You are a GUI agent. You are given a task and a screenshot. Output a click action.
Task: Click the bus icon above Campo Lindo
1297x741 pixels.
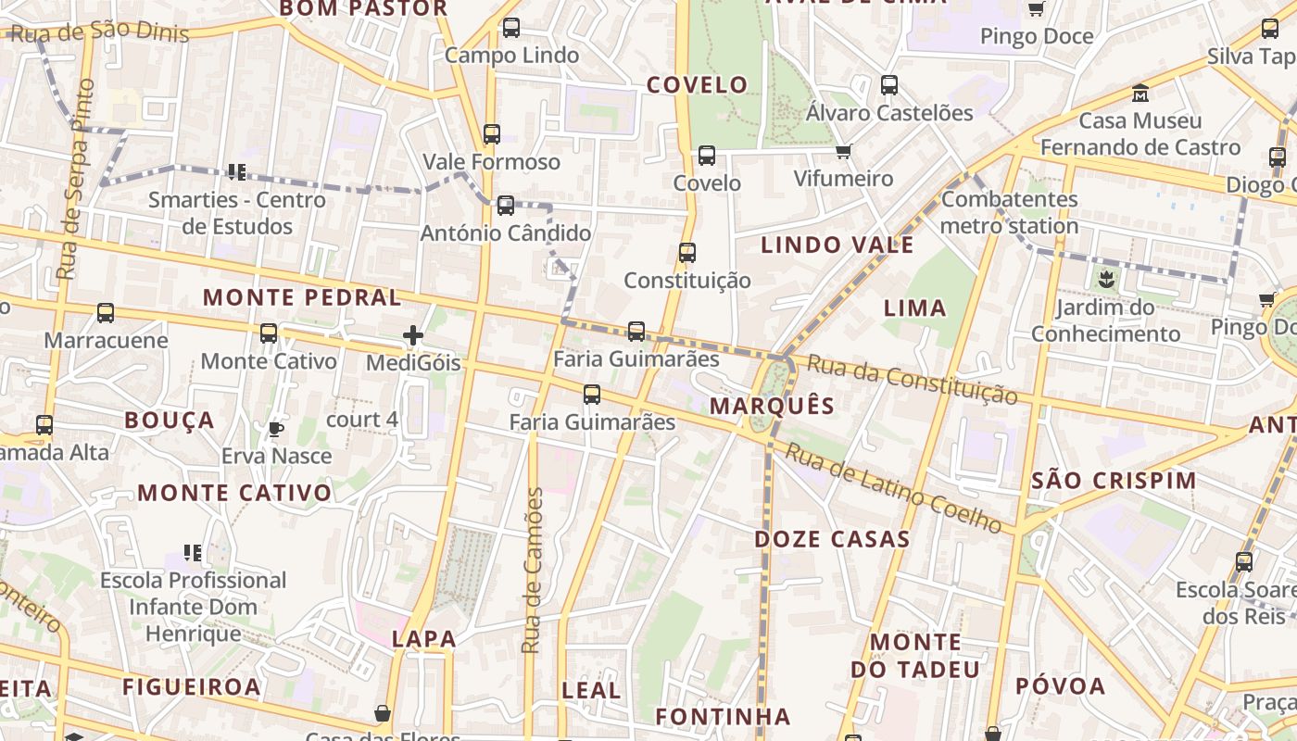(510, 28)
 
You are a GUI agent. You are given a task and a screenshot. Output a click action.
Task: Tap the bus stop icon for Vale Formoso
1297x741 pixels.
(492, 134)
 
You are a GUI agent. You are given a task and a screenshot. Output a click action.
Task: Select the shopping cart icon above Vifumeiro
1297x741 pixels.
(843, 151)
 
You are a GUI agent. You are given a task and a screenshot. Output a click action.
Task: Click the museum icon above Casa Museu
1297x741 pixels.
(1140, 94)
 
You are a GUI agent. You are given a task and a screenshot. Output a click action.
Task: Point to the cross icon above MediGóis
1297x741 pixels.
(413, 335)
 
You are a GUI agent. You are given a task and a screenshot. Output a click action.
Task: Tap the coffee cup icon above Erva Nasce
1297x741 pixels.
(275, 428)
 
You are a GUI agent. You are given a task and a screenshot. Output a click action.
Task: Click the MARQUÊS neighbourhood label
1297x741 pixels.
(772, 406)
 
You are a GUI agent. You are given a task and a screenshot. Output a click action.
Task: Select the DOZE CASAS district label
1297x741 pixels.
(831, 539)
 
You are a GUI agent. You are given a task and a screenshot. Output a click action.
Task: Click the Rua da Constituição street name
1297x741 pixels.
(912, 380)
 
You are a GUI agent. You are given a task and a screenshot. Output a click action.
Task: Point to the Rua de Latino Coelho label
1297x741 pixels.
(894, 488)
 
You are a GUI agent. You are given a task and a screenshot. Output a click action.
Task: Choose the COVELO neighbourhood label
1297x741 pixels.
(697, 85)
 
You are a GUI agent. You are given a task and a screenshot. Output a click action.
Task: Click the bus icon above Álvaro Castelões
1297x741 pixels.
(889, 85)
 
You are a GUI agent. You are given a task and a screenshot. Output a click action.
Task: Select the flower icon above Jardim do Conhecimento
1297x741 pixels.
(1106, 278)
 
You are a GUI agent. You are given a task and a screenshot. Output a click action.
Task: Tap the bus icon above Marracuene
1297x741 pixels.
(106, 313)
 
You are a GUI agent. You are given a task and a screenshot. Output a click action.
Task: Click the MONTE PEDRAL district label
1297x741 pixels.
(302, 298)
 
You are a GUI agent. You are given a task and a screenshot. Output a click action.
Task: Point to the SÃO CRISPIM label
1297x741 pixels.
(1114, 481)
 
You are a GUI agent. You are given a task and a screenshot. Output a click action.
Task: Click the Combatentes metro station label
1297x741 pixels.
(1009, 212)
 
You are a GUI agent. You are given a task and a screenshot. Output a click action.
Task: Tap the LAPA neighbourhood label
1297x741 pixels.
(423, 638)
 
